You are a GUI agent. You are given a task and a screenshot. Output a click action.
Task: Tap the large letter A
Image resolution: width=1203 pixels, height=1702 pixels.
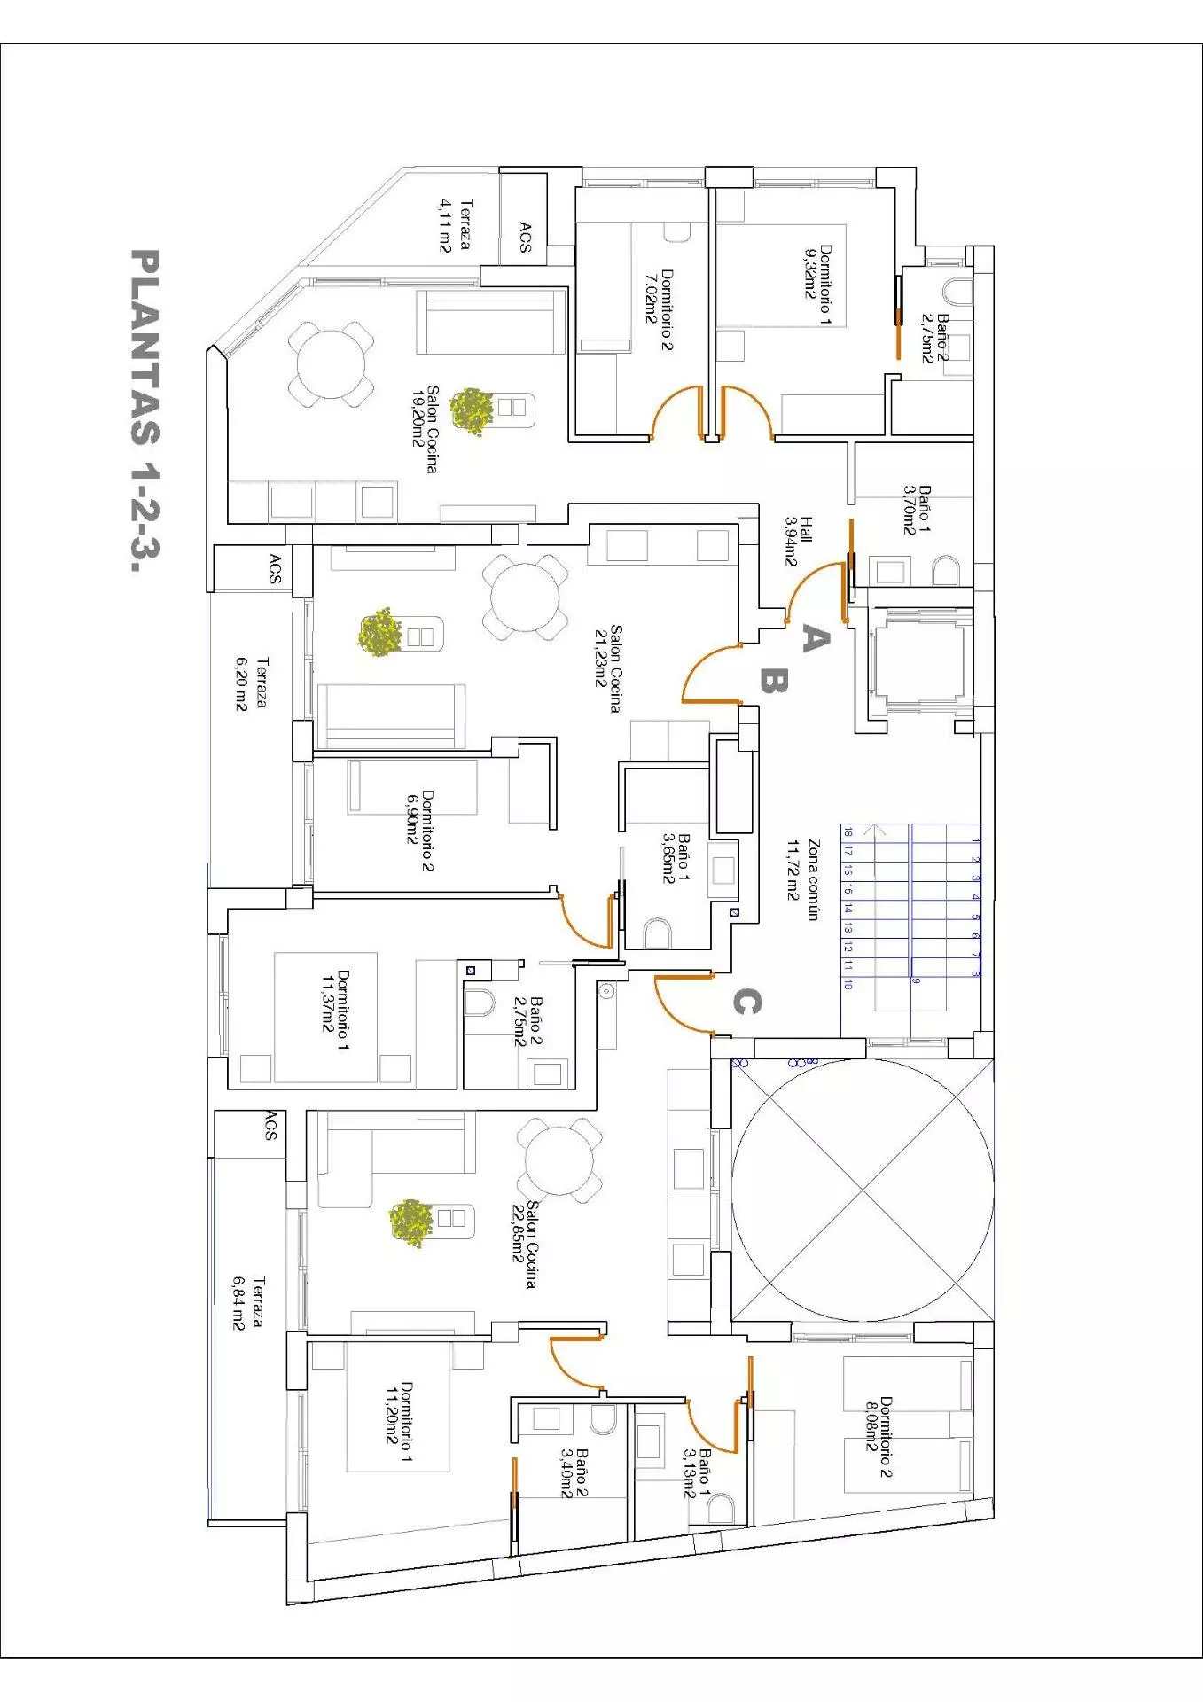click(x=816, y=638)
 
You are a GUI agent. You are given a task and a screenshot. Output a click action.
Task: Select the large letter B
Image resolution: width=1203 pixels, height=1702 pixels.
click(x=773, y=681)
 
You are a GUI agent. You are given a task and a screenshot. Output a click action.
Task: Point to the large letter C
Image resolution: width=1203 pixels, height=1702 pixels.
click(x=746, y=1003)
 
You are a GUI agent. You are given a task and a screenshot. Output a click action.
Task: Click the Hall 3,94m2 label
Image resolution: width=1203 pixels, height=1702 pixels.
click(x=798, y=540)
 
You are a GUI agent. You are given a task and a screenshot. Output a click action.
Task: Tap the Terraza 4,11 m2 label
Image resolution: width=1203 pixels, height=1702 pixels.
click(x=456, y=225)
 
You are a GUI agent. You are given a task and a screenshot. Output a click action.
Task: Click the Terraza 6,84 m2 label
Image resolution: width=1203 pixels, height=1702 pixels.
click(x=248, y=1302)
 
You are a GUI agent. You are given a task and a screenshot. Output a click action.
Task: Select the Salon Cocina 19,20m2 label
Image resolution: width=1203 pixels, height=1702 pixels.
click(x=421, y=429)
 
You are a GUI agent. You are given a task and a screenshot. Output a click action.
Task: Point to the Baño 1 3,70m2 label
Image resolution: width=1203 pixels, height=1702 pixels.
click(x=917, y=509)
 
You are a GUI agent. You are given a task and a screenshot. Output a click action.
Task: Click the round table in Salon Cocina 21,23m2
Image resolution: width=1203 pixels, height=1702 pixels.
click(x=526, y=597)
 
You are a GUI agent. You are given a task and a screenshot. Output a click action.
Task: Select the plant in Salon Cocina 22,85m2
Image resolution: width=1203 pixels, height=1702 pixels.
click(x=411, y=1222)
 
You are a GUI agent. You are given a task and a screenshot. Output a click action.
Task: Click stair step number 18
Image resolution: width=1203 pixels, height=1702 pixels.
click(x=848, y=832)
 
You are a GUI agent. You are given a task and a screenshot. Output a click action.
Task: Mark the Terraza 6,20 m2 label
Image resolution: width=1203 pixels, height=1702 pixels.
click(x=251, y=683)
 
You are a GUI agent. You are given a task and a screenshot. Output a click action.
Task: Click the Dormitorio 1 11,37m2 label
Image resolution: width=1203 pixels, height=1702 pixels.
click(x=335, y=1010)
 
